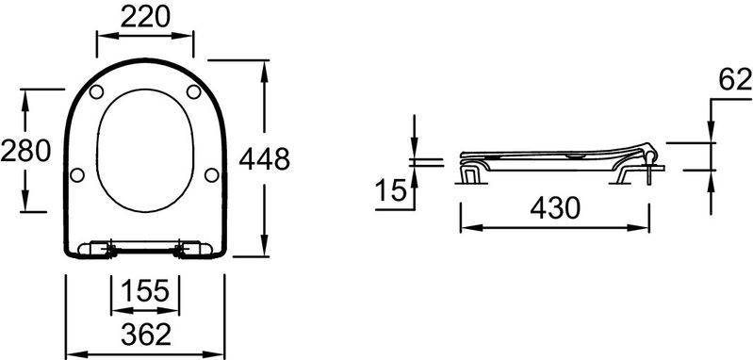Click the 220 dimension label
145,17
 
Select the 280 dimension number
25,150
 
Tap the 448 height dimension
264,159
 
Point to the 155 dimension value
145,290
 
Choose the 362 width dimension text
146,335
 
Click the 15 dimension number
390,189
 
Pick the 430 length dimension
555,208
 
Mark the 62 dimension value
735,79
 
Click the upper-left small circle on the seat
96,91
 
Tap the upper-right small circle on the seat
193,91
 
